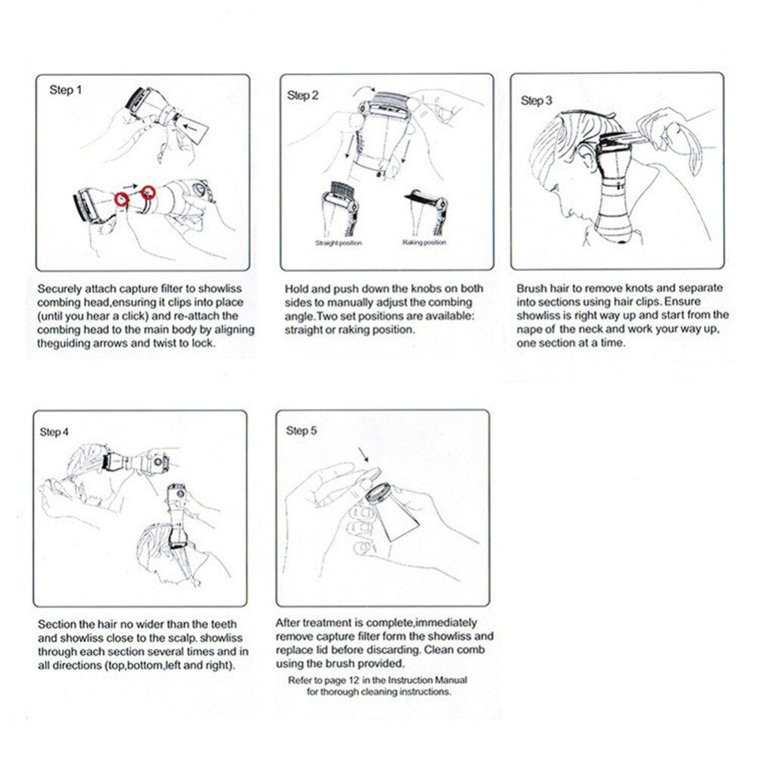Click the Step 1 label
(x=61, y=90)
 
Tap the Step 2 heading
(x=303, y=95)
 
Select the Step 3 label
(x=537, y=100)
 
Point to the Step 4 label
(x=54, y=431)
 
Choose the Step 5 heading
(x=301, y=431)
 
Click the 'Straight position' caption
(x=338, y=243)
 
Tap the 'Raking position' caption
(x=424, y=243)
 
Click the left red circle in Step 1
(x=122, y=199)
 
